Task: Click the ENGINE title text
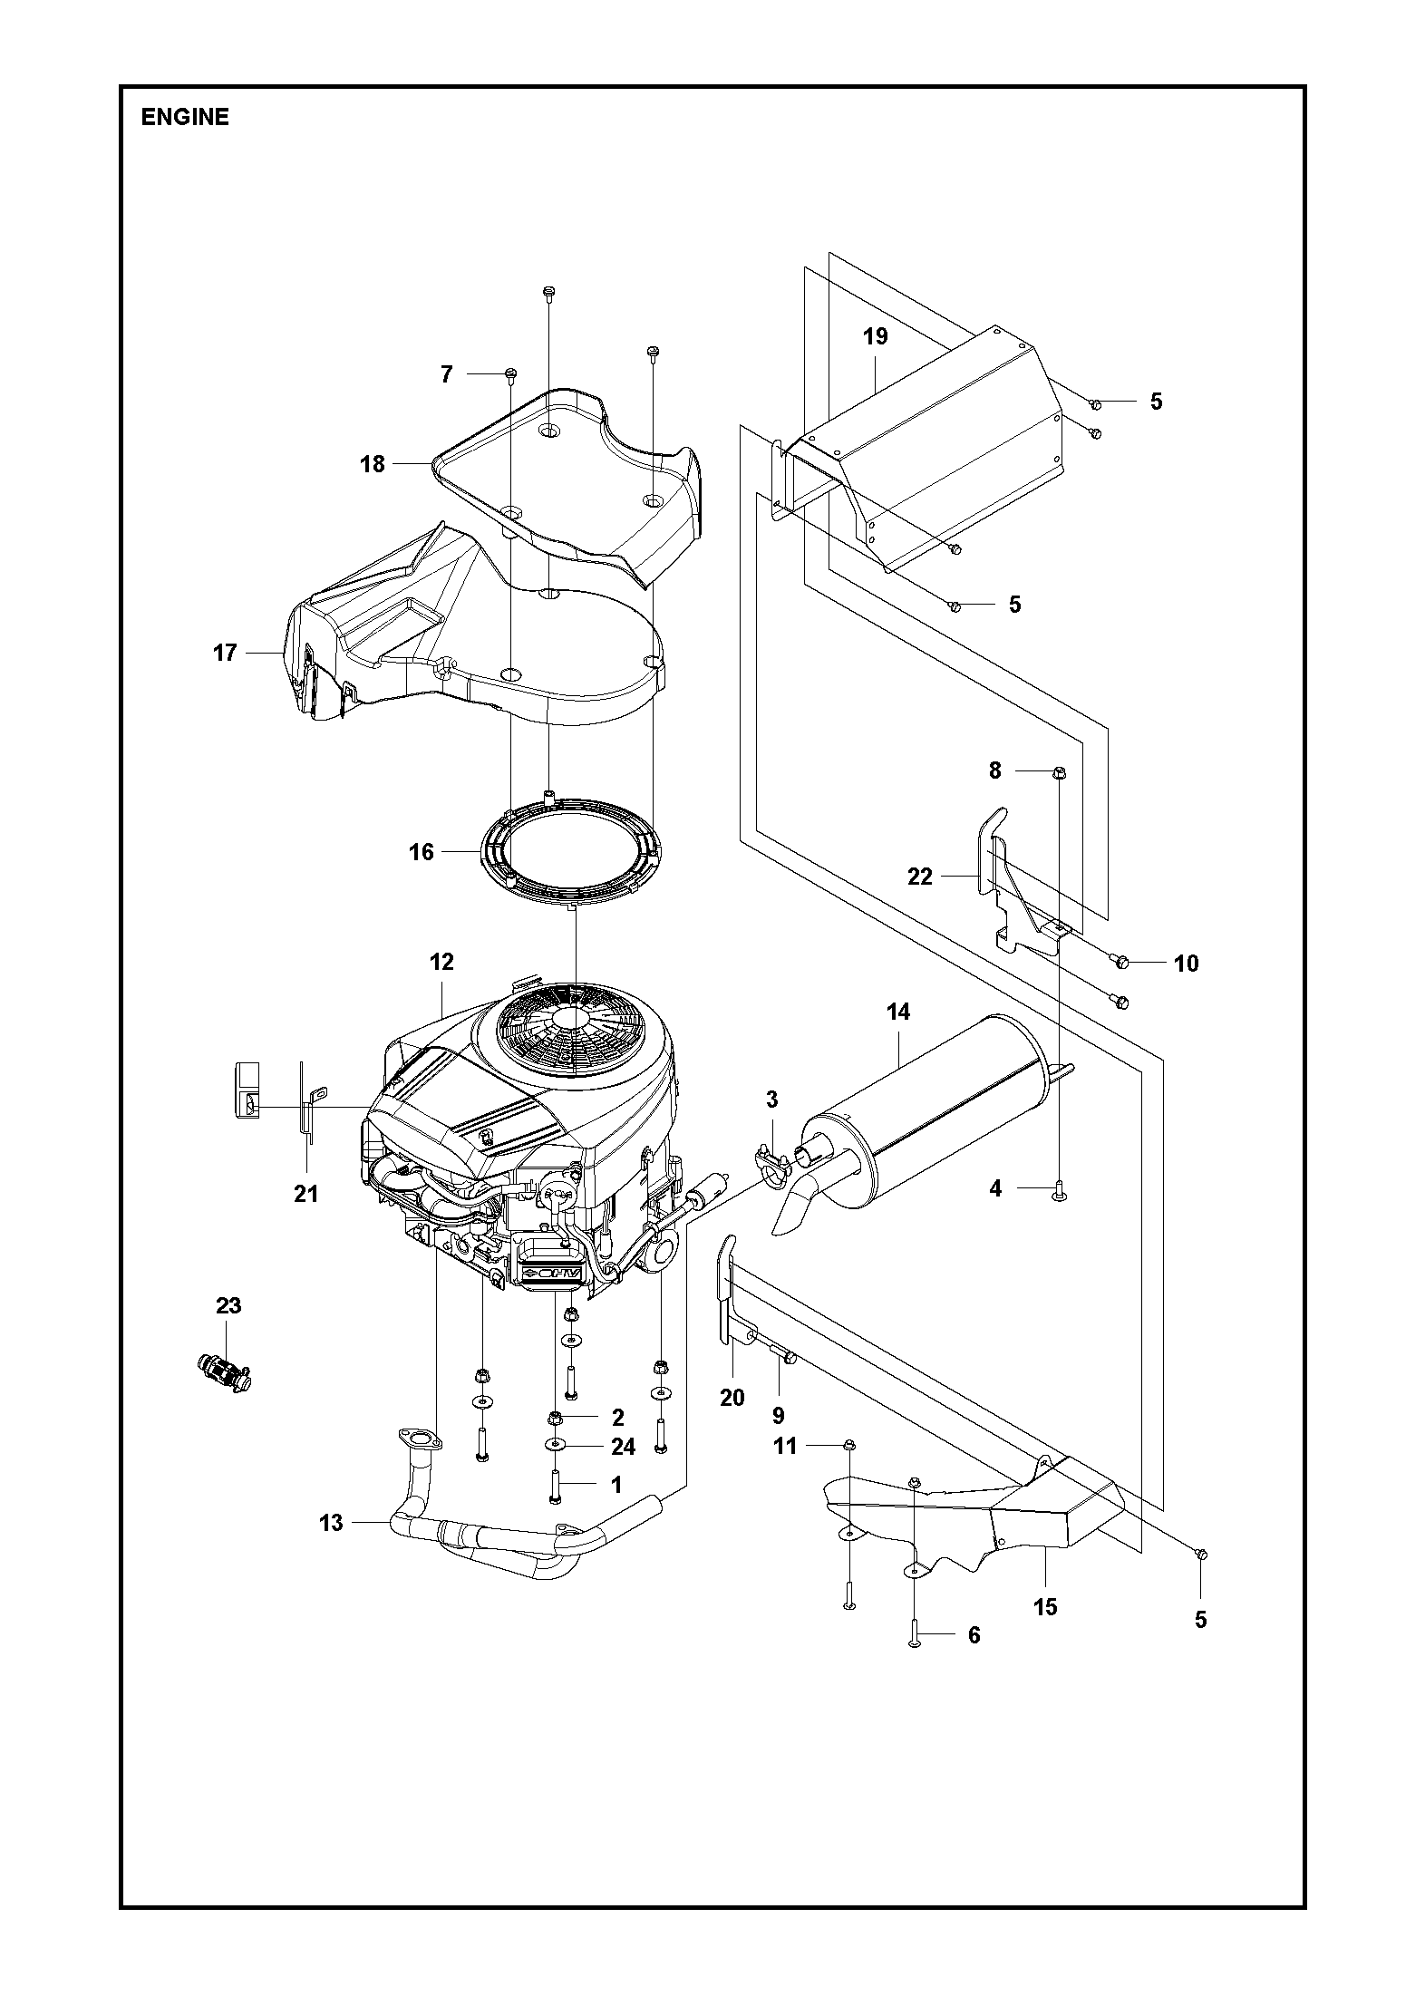tap(185, 118)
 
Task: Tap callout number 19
tap(876, 337)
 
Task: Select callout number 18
tap(373, 465)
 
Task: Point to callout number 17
tap(225, 653)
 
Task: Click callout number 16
tap(422, 852)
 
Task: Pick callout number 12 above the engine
tap(441, 962)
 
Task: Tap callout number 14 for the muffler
tap(898, 1012)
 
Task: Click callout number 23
tap(228, 1305)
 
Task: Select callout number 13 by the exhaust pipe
tap(332, 1523)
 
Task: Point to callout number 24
tap(624, 1447)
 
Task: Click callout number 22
tap(920, 877)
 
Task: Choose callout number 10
tap(1187, 964)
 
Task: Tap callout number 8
tap(995, 770)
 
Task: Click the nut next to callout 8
tap(1059, 772)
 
